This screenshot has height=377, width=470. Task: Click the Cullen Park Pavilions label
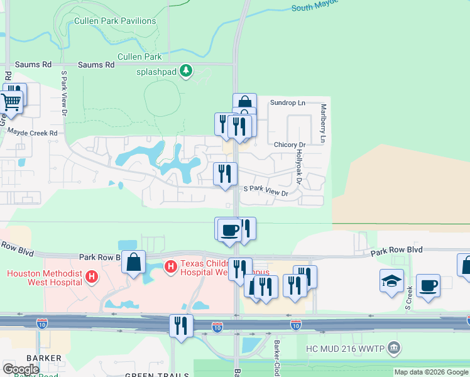pyautogui.click(x=115, y=21)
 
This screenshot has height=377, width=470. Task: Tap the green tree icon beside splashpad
pyautogui.click(x=185, y=71)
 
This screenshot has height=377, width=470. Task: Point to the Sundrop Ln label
pyautogui.click(x=287, y=102)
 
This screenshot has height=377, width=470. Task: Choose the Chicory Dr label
pyautogui.click(x=290, y=145)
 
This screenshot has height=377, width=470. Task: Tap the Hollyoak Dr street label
pyautogui.click(x=299, y=166)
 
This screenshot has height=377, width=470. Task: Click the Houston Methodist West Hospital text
pyautogui.click(x=44, y=277)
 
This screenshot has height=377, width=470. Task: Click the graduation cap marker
pyautogui.click(x=391, y=280)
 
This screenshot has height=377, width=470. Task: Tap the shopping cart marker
pyautogui.click(x=9, y=101)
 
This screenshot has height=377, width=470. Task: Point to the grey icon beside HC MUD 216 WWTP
pyautogui.click(x=394, y=347)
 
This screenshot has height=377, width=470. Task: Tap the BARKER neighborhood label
pyautogui.click(x=44, y=358)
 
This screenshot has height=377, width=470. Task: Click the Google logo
pyautogui.click(x=21, y=369)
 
